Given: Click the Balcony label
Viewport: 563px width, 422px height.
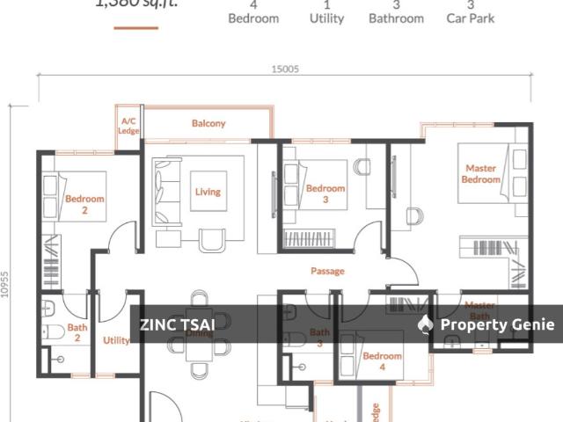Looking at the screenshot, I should click(x=208, y=124).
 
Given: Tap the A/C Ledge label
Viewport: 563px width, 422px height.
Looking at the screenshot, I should click(x=128, y=126).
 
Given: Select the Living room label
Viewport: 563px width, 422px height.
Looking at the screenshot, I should click(x=208, y=192).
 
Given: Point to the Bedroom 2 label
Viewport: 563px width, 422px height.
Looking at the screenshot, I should click(x=84, y=204).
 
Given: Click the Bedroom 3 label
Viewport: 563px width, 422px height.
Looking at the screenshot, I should click(x=325, y=193).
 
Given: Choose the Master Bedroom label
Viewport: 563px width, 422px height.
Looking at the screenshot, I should click(x=480, y=174).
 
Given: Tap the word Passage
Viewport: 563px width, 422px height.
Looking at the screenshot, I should click(x=327, y=272).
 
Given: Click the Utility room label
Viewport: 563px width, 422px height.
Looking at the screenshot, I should click(x=116, y=340).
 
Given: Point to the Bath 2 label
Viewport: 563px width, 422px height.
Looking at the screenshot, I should click(x=77, y=331).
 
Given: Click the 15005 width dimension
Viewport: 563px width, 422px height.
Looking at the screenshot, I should click(x=283, y=68).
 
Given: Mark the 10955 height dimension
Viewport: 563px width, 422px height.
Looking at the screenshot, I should click(x=6, y=283).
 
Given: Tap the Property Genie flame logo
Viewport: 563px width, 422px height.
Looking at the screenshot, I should click(x=426, y=324).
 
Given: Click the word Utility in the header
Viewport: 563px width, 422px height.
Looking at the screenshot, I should click(x=326, y=18).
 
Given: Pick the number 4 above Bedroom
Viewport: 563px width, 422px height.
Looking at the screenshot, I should click(x=253, y=4).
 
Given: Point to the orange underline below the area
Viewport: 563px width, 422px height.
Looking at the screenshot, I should click(x=136, y=28).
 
